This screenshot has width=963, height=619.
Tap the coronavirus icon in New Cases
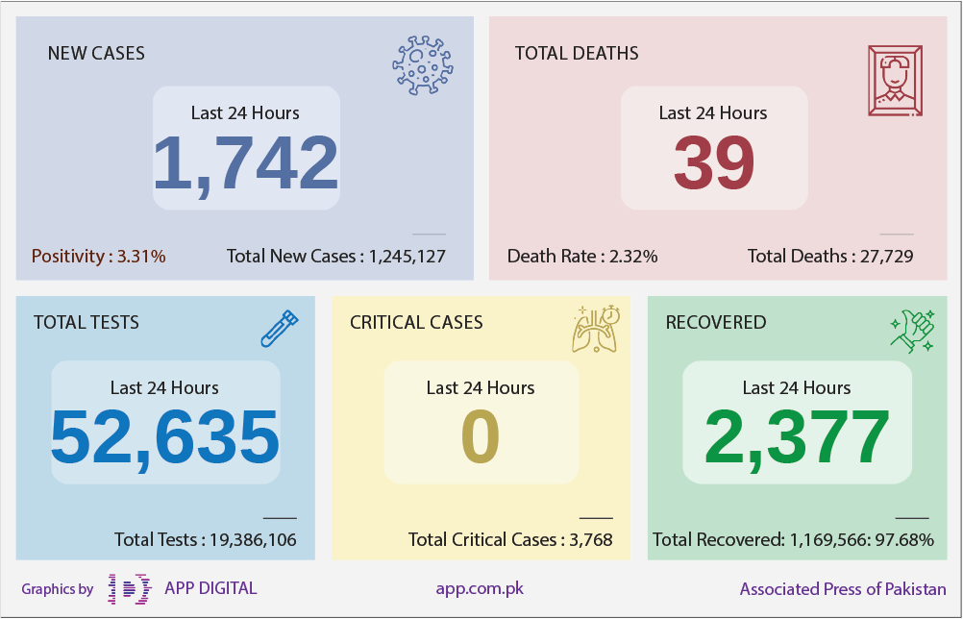[423, 65]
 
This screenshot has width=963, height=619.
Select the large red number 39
[714, 162]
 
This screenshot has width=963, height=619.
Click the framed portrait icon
[895, 81]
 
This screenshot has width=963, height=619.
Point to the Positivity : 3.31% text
[98, 256]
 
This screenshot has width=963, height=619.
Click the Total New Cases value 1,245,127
[407, 256]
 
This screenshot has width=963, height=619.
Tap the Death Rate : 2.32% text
[582, 256]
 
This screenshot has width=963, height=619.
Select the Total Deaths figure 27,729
[886, 256]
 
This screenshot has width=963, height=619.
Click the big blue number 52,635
[164, 438]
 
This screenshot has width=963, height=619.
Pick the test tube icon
[280, 329]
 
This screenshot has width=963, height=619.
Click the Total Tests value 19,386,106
[253, 540]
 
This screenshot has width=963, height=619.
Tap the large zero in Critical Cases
[481, 436]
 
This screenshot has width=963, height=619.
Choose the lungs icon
[596, 329]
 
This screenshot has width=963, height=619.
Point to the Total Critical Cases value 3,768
[591, 540]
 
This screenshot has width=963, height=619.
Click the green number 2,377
[797, 438]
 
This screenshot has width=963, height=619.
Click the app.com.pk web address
[480, 589]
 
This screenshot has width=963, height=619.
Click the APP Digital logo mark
[130, 589]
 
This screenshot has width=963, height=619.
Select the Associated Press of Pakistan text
[843, 589]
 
